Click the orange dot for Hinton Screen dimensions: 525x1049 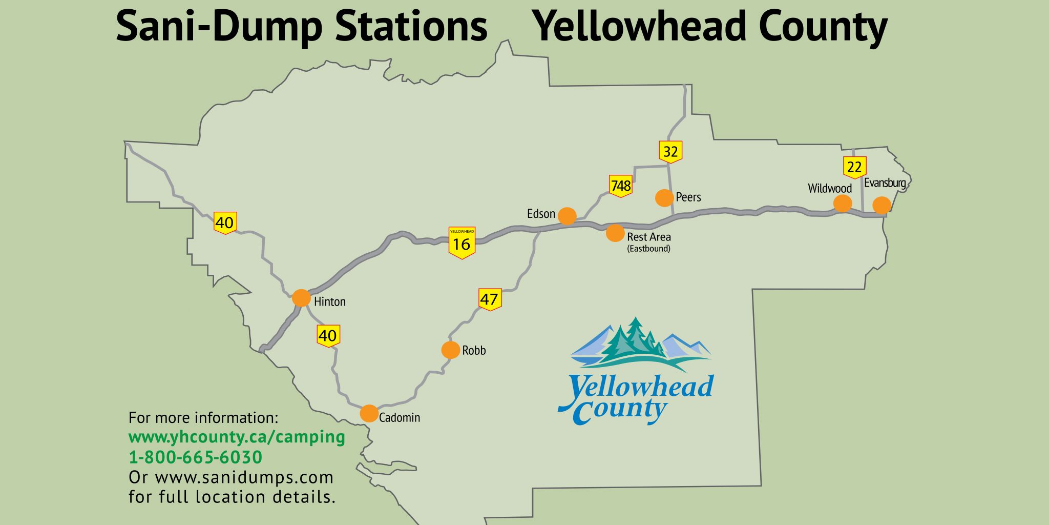pos(301,298)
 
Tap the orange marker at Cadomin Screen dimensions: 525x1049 pos(369,413)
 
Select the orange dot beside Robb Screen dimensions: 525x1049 pos(450,350)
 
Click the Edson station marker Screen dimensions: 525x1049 pos(567,216)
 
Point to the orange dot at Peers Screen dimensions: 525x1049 pos(664,198)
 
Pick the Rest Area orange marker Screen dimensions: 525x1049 pos(615,233)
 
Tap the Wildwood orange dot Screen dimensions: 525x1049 pos(843,204)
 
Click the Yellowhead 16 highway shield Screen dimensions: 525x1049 pos(461,243)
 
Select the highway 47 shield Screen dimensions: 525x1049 pos(490,299)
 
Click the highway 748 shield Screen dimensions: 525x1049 pos(620,186)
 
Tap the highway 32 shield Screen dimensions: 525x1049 pos(670,152)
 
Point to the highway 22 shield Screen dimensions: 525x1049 pos(854,167)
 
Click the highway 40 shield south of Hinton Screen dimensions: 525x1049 pos(328,336)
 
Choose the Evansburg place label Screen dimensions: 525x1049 pos(885,183)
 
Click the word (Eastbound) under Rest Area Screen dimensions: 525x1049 pos(648,249)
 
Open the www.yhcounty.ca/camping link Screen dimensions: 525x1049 pos(237,437)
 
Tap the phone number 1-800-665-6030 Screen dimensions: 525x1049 pos(195,457)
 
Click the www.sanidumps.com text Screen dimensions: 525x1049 pos(244,477)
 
